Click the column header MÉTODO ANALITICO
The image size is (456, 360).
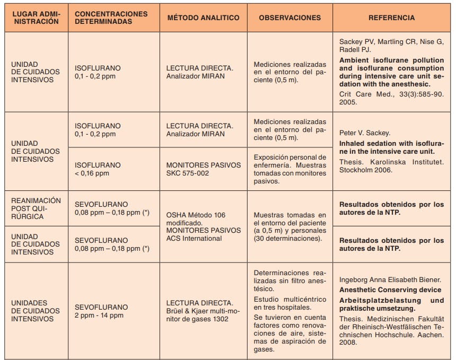pos(203,17)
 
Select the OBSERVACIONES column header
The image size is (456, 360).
pos(290,17)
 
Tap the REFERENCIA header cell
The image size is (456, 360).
pos(392,17)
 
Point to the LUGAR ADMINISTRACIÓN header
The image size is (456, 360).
pos(35,17)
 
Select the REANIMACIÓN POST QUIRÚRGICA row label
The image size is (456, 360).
pos(36,208)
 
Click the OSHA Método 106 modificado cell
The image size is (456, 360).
pos(196,219)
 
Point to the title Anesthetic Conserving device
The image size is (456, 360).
pos(390,289)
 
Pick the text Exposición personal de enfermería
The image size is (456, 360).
pos(290,161)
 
